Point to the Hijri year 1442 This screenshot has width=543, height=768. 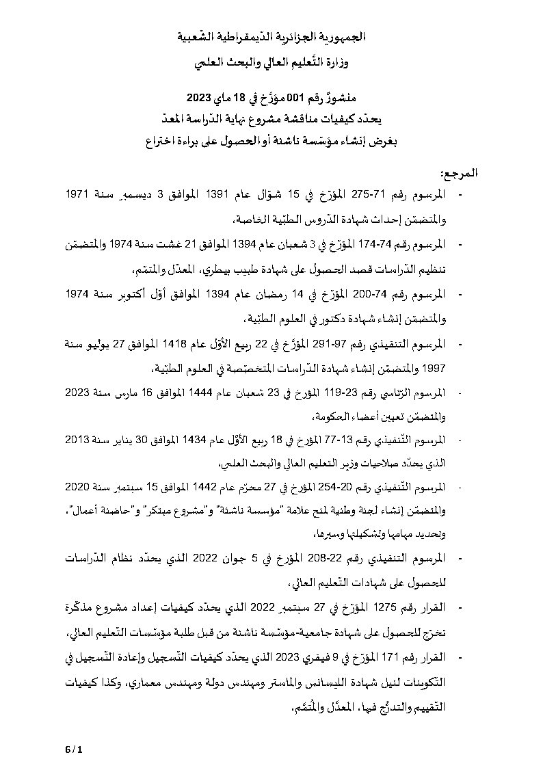point(189,490)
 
